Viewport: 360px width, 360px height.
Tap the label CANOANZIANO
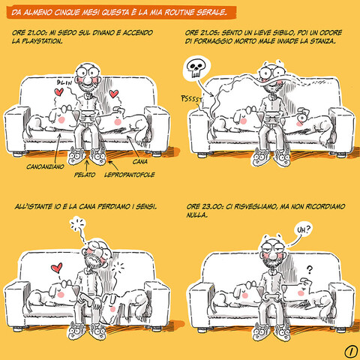pyautogui.click(x=45, y=166)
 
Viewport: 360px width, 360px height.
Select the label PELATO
pyautogui.click(x=85, y=175)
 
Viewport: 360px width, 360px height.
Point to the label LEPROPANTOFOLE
pyautogui.click(x=130, y=175)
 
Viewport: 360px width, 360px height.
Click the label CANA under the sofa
pyautogui.click(x=140, y=162)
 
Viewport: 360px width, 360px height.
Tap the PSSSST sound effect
pyautogui.click(x=191, y=99)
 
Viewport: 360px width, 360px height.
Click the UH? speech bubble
pyautogui.click(x=303, y=229)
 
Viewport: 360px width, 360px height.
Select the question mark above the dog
pyautogui.click(x=310, y=270)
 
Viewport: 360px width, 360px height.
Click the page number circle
pyautogui.click(x=351, y=352)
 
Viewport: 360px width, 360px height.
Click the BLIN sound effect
pyautogui.click(x=64, y=82)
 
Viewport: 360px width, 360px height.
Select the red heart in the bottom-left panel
pyautogui.click(x=57, y=268)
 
